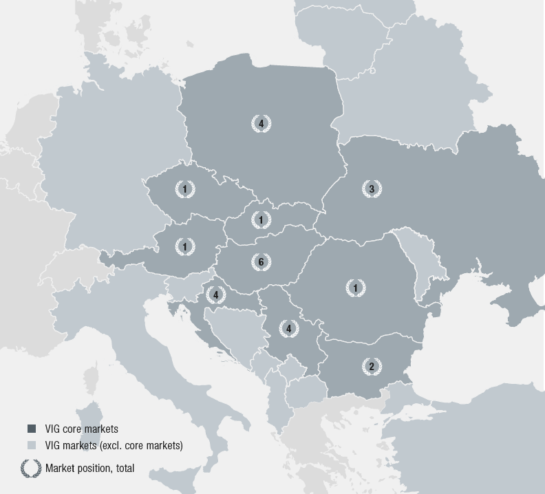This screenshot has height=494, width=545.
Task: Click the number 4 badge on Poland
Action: pyautogui.click(x=261, y=124)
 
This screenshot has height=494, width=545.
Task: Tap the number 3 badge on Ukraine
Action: pyautogui.click(x=372, y=189)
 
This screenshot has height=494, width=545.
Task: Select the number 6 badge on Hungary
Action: pyautogui.click(x=261, y=262)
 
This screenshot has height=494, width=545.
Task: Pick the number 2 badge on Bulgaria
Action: pyautogui.click(x=372, y=367)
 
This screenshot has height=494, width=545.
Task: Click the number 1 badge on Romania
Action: pyautogui.click(x=355, y=288)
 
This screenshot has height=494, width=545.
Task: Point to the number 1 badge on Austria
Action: pyautogui.click(x=184, y=246)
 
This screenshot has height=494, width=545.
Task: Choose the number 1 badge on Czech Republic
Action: pyautogui.click(x=184, y=189)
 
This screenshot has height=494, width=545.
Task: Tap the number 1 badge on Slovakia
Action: pyautogui.click(x=261, y=219)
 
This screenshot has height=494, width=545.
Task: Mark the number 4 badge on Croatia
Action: pyautogui.click(x=216, y=294)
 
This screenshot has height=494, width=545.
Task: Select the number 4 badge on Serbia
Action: pyautogui.click(x=289, y=329)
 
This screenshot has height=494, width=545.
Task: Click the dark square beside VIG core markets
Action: pyautogui.click(x=32, y=429)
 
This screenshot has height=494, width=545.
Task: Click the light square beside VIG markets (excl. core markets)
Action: pyautogui.click(x=32, y=445)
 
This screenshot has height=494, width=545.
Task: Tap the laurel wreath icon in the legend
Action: pyautogui.click(x=31, y=468)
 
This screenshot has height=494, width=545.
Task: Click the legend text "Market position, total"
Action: pyautogui.click(x=89, y=469)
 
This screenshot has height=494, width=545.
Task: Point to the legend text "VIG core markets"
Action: pyautogui.click(x=81, y=429)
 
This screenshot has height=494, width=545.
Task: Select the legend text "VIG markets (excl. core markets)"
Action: pyautogui.click(x=114, y=445)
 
